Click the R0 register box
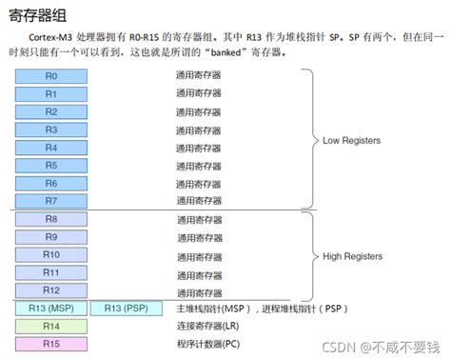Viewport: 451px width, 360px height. (x=51, y=76)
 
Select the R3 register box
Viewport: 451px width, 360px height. (x=51, y=130)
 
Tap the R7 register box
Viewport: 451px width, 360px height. (x=51, y=200)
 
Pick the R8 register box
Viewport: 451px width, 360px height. (x=51, y=219)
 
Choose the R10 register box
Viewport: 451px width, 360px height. (x=51, y=255)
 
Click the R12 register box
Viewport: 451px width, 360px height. (x=51, y=290)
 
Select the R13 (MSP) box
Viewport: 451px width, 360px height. (x=50, y=309)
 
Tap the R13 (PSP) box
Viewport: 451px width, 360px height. (x=127, y=309)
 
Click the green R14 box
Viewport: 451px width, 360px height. (x=51, y=326)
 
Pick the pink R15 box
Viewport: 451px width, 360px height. (x=51, y=343)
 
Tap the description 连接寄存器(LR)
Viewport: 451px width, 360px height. (x=207, y=327)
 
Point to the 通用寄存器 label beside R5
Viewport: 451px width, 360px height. (x=198, y=166)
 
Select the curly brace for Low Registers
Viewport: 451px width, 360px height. (x=311, y=140)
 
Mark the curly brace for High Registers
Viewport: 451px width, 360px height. (x=311, y=255)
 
